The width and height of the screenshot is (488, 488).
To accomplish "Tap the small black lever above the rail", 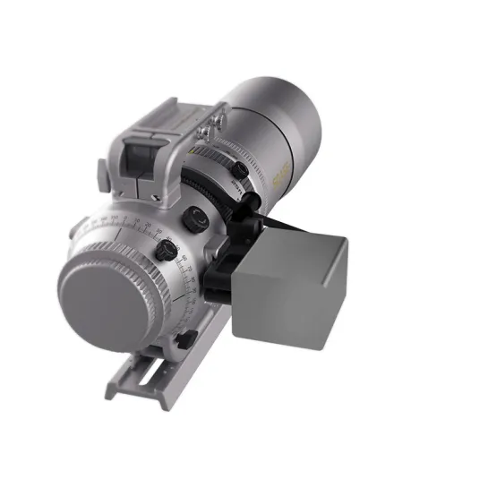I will pos(187,339).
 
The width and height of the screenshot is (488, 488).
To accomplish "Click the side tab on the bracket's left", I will pos(106,169).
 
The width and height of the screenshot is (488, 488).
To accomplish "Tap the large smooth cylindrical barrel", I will pos(273,125).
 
